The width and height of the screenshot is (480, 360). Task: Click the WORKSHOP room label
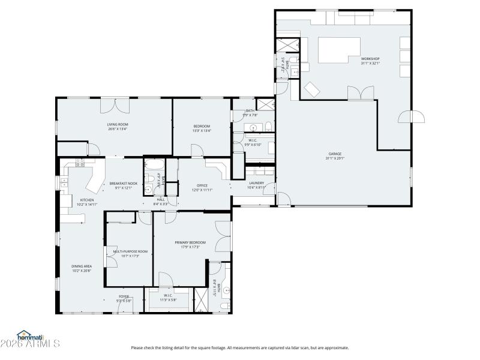(x=370, y=59)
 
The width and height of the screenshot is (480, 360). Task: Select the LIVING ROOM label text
(x=118, y=124)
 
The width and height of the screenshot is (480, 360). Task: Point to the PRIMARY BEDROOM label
(x=187, y=242)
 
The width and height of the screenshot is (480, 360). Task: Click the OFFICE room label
(x=202, y=185)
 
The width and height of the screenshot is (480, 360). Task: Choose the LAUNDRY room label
(x=256, y=183)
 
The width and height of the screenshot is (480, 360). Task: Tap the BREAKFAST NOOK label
(x=123, y=183)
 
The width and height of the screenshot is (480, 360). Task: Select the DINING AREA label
(x=82, y=266)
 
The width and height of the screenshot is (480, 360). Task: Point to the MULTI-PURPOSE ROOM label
(x=126, y=251)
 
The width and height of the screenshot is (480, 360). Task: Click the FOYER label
(x=124, y=296)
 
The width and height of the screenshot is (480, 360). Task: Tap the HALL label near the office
(x=161, y=200)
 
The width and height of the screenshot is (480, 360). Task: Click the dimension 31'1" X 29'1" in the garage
(x=335, y=158)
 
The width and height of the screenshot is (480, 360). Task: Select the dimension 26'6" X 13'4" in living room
(x=118, y=128)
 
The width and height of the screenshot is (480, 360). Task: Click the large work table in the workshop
(x=339, y=49)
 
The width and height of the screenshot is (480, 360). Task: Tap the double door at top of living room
(x=114, y=105)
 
